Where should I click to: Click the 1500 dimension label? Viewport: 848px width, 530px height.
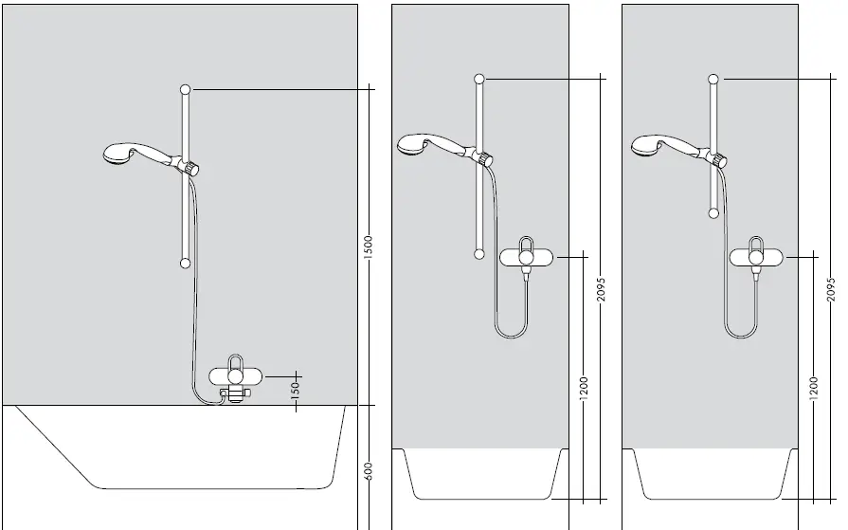point(369,247)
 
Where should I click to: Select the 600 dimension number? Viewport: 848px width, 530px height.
point(369,471)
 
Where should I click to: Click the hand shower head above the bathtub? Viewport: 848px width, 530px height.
point(119,153)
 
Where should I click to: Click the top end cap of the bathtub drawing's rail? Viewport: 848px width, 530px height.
point(185,88)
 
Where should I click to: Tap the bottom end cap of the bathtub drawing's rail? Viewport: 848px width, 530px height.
point(185,263)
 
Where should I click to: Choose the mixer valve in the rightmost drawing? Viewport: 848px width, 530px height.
point(755,256)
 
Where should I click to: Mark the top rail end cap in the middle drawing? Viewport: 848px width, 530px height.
point(480,79)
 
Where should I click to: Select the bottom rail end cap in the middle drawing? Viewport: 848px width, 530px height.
point(480,253)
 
